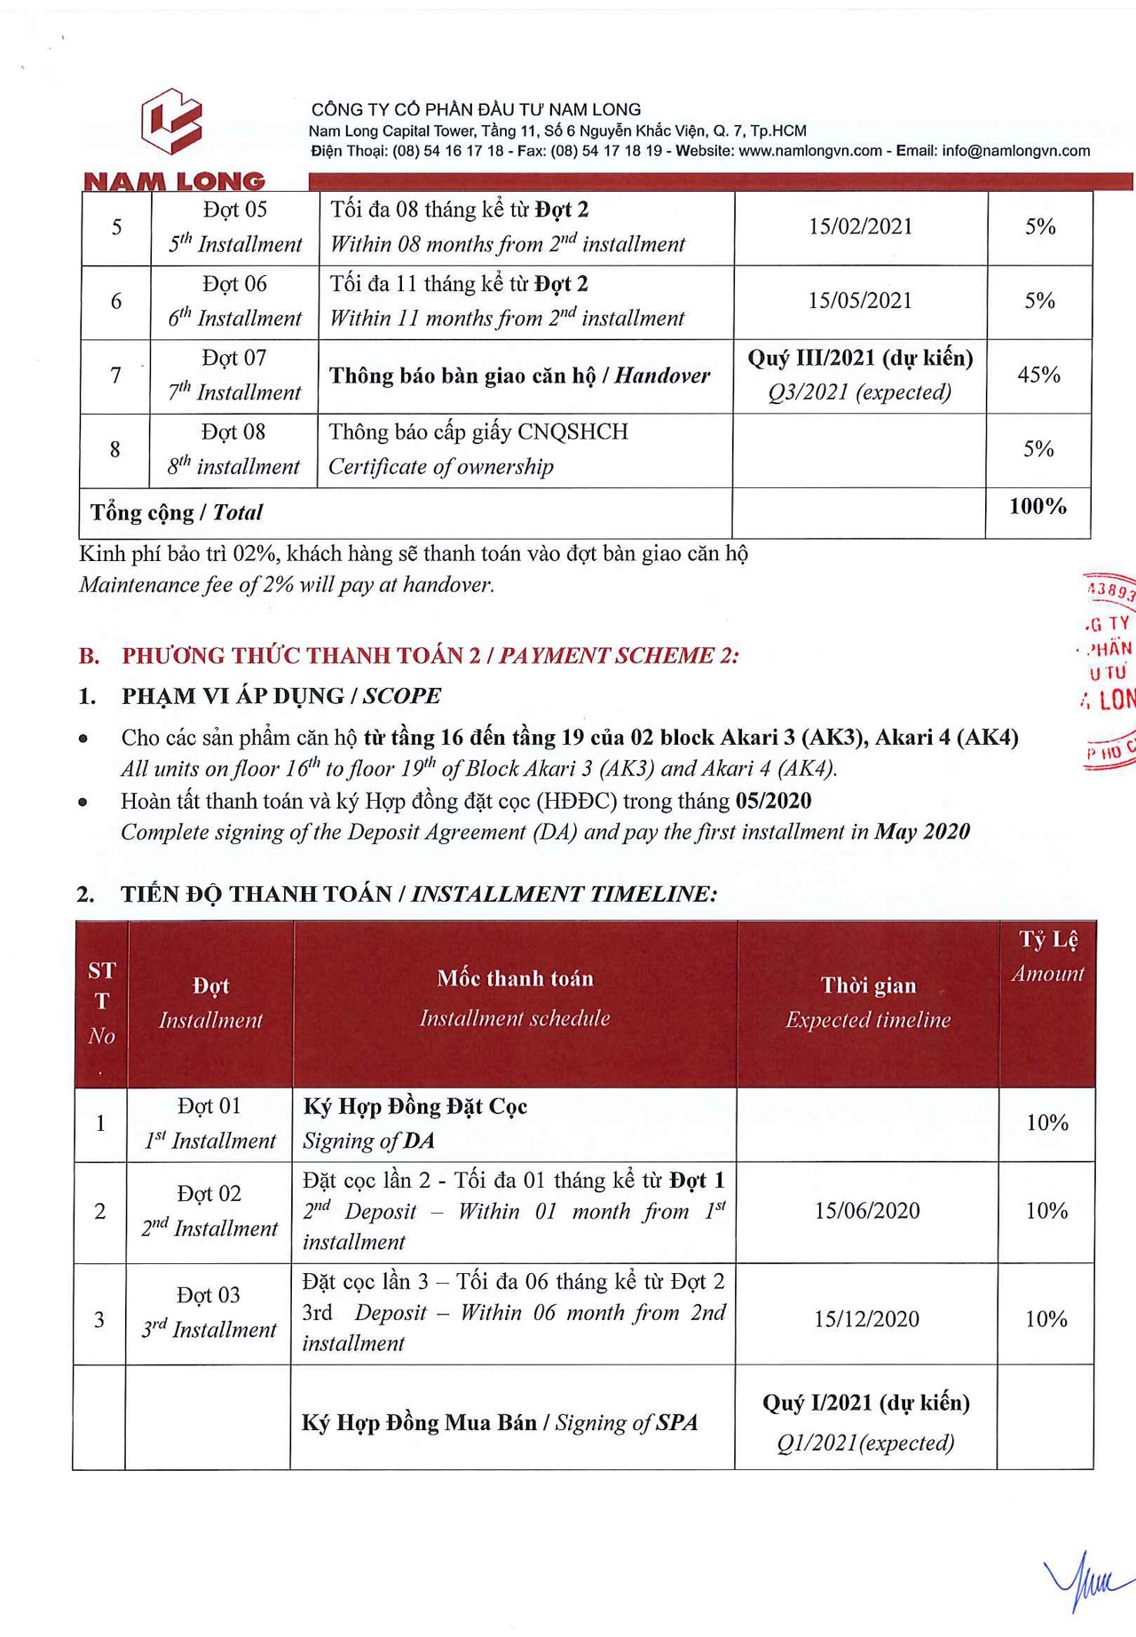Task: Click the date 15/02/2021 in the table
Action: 860,226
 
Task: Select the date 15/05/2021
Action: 860,301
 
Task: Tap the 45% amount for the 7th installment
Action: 1038,375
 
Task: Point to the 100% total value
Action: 1037,507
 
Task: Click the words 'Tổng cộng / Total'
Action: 177,513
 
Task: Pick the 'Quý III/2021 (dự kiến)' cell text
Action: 860,359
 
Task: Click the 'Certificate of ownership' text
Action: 441,467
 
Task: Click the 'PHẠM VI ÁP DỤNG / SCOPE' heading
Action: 280,696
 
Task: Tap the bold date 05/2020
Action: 773,801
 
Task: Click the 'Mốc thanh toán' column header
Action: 515,979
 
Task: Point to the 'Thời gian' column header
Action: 868,985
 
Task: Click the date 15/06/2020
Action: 867,1211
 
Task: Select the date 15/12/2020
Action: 866,1319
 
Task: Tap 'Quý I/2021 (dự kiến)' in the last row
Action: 866,1403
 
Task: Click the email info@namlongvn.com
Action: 1015,151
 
